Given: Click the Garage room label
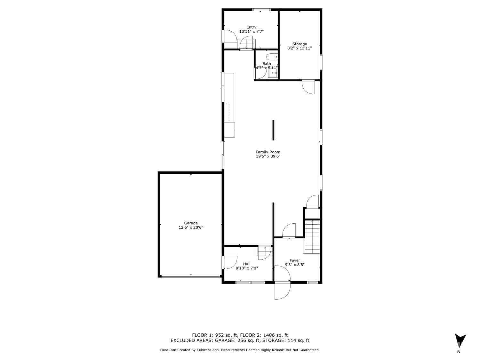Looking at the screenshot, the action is (x=191, y=223).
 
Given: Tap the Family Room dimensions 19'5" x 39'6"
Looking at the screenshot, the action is (x=268, y=156).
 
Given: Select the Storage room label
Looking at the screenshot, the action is (x=300, y=44).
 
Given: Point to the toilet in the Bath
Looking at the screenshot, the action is (x=272, y=57).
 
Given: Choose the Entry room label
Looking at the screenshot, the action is (x=251, y=27).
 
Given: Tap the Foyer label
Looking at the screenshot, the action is (x=295, y=260).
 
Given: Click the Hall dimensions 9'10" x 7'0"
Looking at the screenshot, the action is (x=247, y=268).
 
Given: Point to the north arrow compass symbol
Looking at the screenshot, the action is (x=460, y=342).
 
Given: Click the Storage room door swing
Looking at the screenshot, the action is (x=308, y=87).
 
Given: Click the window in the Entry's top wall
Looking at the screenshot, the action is (x=261, y=10).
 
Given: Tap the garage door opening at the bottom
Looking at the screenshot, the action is (x=191, y=276).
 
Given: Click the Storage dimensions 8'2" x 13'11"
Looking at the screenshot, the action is (x=300, y=48).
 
